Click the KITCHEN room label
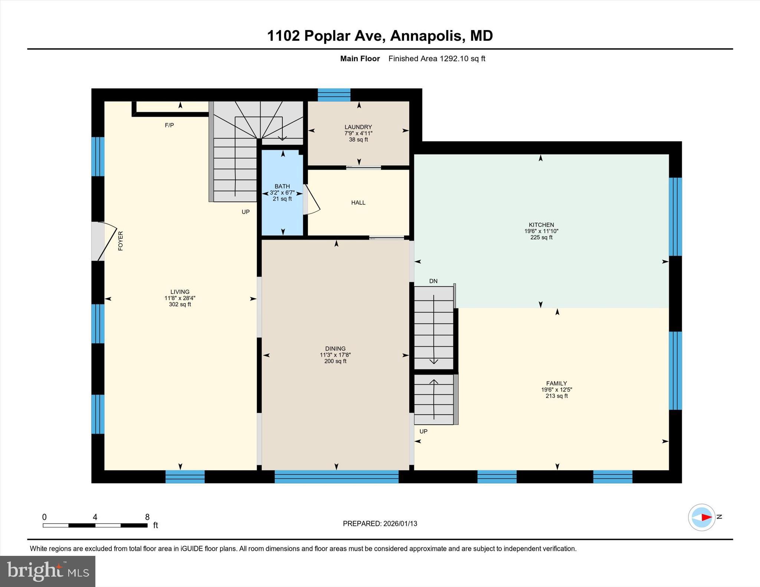(x=541, y=225)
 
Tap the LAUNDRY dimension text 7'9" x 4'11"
(x=358, y=133)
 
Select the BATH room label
(x=282, y=186)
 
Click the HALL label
(x=358, y=202)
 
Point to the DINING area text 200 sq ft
(x=335, y=361)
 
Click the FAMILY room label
(x=556, y=383)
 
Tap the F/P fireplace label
(x=169, y=125)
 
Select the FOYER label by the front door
(x=120, y=241)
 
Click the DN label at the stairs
(x=433, y=281)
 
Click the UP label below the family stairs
(x=423, y=431)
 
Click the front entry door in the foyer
(x=104, y=241)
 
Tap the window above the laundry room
(x=334, y=95)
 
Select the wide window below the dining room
(x=336, y=476)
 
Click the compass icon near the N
(x=701, y=517)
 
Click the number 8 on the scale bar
(x=147, y=517)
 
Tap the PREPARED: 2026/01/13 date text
(x=380, y=524)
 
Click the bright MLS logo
(x=47, y=571)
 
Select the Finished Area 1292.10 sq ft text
(x=436, y=59)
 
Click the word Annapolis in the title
(x=426, y=36)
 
